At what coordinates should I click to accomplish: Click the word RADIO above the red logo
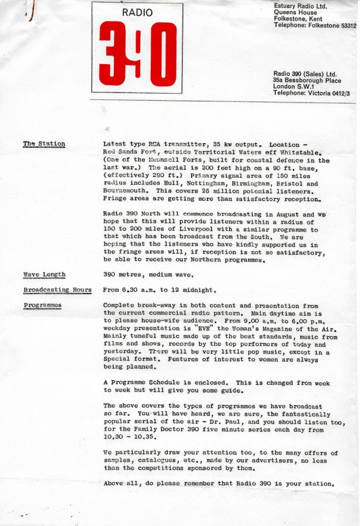(x=137, y=13)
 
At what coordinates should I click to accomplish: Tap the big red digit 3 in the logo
(x=113, y=54)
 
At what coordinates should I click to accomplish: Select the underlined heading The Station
(x=44, y=144)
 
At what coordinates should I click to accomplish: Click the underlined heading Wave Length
(x=44, y=275)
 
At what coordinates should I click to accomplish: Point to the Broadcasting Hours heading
(x=57, y=290)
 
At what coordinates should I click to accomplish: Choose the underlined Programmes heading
(x=42, y=306)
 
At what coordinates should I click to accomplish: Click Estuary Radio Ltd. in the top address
(x=300, y=5)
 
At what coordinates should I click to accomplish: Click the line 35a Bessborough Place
(x=307, y=80)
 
